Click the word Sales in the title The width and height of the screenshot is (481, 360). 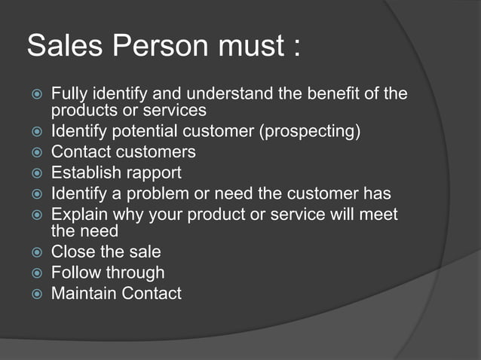65,46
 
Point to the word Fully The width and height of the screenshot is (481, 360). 69,95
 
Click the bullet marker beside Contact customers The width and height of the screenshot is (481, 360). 35,153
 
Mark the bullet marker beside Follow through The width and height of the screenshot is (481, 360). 35,273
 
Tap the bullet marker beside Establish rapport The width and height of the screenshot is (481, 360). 35,173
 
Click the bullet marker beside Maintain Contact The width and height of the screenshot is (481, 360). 35,294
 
